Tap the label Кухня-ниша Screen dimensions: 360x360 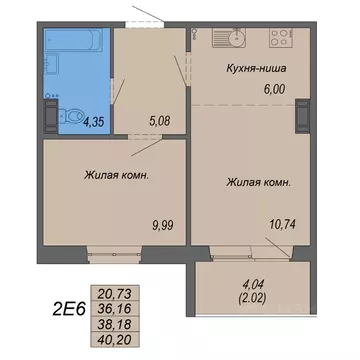[252, 69]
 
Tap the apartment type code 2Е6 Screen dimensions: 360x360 [56, 306]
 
